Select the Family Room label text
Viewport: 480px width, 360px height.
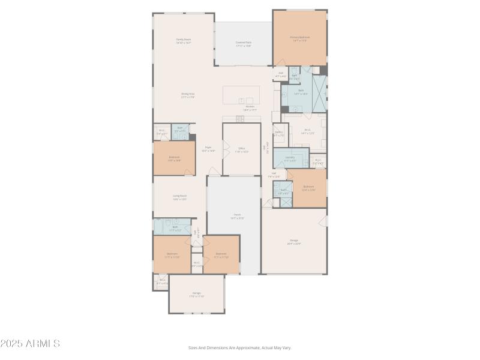[x=183, y=41]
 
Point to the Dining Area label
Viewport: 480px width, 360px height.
[x=188, y=95]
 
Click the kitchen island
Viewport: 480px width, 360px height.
[x=241, y=95]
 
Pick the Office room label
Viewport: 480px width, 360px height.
[x=241, y=149]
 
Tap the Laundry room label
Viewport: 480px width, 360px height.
[x=290, y=158]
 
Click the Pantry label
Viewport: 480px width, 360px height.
[x=279, y=134]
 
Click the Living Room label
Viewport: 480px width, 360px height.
[x=180, y=197]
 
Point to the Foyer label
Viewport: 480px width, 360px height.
[x=209, y=149]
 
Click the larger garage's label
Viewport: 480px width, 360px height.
[x=294, y=242]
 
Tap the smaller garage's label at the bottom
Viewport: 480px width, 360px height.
[x=196, y=294]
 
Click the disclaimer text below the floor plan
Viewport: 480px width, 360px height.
[x=239, y=347]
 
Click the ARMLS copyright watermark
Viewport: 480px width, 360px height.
[x=30, y=344]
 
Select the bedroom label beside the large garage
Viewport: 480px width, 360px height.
[x=308, y=188]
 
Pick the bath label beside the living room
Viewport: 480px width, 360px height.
[x=175, y=228]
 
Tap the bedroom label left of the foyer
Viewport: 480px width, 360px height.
[x=174, y=158]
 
